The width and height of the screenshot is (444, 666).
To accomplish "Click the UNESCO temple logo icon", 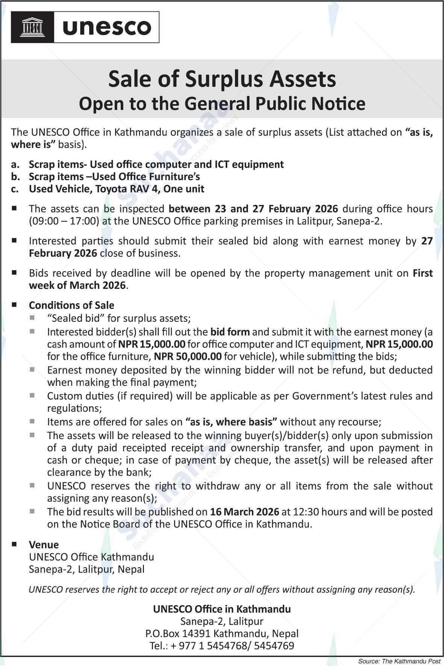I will pos(33,27).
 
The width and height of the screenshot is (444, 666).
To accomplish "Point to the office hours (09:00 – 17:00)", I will pos(64,221).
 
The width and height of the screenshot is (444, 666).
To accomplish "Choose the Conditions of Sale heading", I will pos(71,305).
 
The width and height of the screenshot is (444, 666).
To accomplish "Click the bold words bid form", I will pos(230,332).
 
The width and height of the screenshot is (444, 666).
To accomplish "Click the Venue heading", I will pos(44,545).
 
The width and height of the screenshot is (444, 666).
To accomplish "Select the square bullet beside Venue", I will pos(14,544).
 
